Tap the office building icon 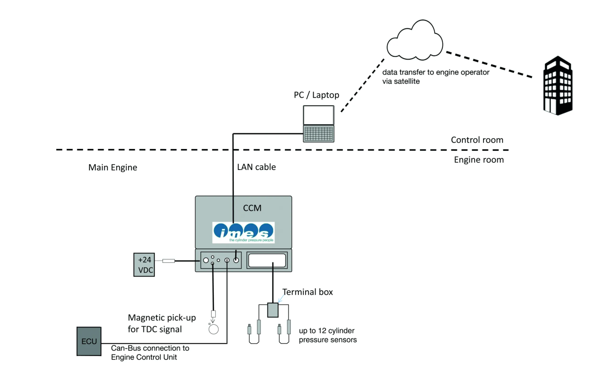tap(558, 86)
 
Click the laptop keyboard tap(318, 134)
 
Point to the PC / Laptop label tap(316, 95)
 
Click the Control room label tap(477, 140)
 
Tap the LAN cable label tap(256, 167)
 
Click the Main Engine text tap(113, 167)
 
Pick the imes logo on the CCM tap(243, 233)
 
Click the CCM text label tap(252, 208)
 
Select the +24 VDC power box tap(144, 265)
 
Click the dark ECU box tap(89, 341)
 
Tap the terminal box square tap(273, 310)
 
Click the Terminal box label tap(307, 292)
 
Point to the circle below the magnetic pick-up tap(213, 329)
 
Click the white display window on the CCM tap(267, 260)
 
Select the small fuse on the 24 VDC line tap(169, 261)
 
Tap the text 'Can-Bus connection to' tap(150, 348)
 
